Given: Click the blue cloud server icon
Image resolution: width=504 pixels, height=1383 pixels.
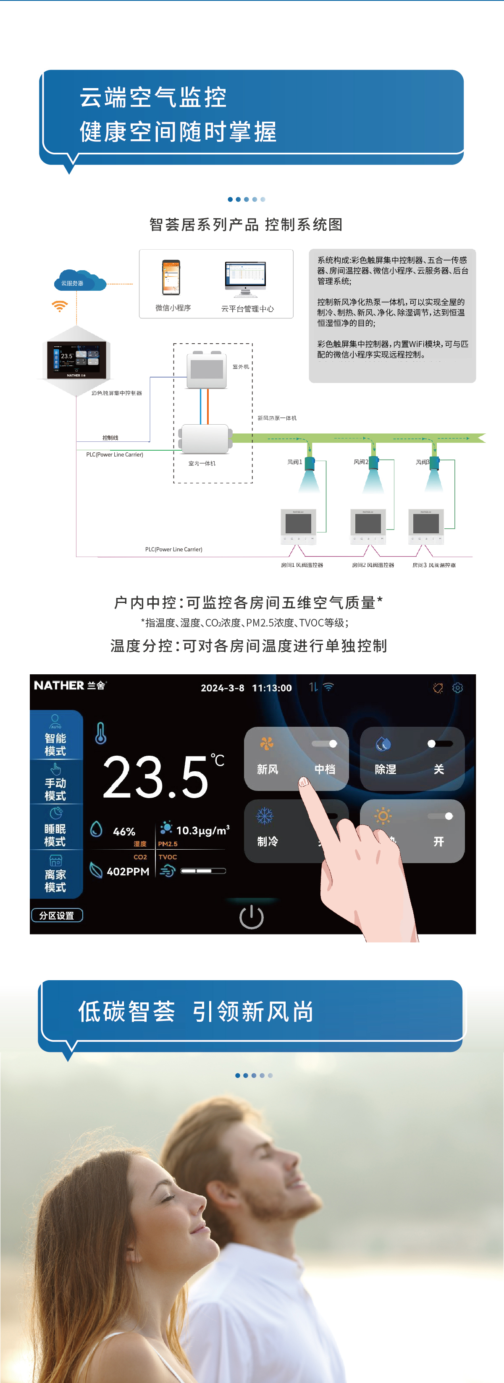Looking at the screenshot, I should click(79, 281).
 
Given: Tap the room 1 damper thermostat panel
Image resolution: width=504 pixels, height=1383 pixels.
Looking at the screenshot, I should click(298, 526).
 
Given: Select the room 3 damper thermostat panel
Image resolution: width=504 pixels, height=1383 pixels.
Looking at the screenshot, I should click(425, 526).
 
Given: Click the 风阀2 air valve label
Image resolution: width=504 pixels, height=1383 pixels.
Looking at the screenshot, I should click(360, 462).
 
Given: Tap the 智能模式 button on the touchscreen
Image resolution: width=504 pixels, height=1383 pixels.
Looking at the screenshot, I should click(56, 736).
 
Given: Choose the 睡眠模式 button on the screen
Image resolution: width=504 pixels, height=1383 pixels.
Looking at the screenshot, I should click(56, 828).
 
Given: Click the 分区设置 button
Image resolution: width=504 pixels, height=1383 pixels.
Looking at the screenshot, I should click(57, 916).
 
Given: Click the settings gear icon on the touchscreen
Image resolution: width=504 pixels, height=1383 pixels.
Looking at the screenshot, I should click(457, 688).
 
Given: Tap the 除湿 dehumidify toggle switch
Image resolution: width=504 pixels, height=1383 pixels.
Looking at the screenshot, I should click(440, 744).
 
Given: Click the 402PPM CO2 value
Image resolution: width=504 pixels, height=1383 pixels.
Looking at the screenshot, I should click(128, 872).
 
